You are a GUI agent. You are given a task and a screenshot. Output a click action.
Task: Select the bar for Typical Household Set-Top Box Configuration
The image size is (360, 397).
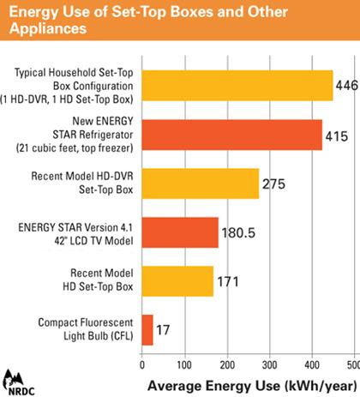(x=237, y=85)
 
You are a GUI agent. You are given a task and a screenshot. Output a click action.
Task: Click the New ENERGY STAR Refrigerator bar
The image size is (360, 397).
(x=231, y=135)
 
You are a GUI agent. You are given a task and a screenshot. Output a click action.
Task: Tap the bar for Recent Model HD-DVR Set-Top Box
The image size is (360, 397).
(x=200, y=183)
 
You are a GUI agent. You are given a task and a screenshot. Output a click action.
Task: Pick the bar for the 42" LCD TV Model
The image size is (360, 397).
(x=179, y=232)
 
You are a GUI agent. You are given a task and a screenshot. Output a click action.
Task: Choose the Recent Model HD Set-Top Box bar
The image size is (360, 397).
(x=177, y=280)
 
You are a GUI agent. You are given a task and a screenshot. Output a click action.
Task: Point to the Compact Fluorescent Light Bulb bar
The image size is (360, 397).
(x=147, y=329)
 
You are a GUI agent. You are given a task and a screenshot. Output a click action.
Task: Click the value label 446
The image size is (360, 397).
(x=346, y=86)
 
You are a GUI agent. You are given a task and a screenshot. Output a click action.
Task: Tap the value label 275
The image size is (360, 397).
(x=273, y=183)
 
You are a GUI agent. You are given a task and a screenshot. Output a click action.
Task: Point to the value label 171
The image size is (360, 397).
(x=227, y=281)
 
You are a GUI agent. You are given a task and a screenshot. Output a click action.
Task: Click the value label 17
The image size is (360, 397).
(x=163, y=330)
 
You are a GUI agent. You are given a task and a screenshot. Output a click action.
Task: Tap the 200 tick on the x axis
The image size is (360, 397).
(x=227, y=364)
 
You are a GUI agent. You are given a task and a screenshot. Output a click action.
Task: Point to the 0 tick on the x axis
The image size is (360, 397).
(x=141, y=364)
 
